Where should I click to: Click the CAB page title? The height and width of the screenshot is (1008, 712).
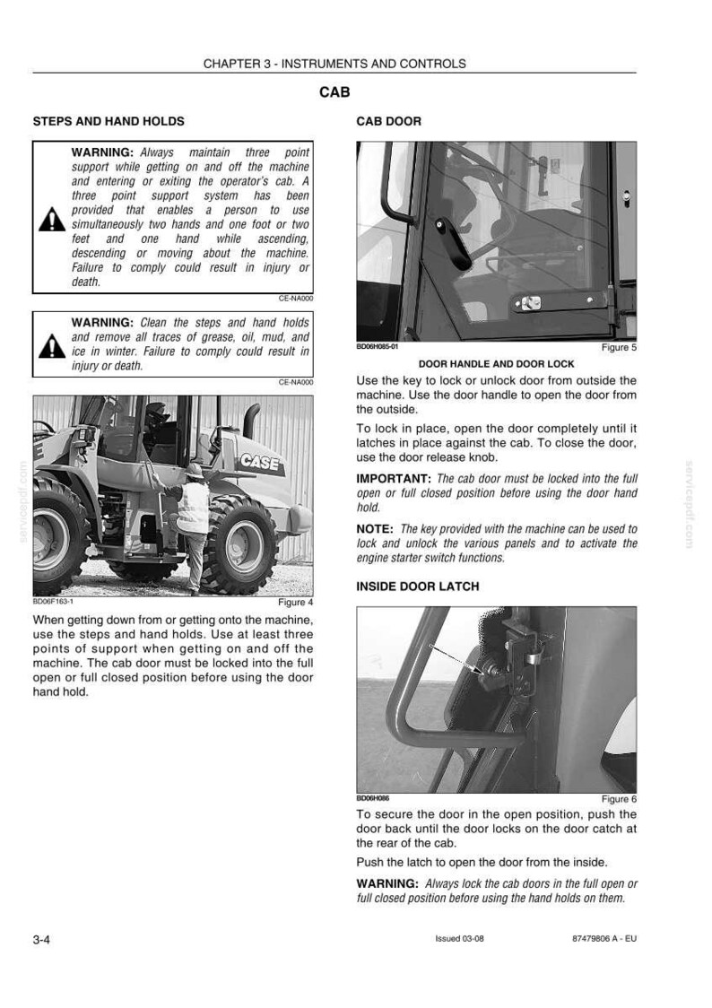[x=334, y=92]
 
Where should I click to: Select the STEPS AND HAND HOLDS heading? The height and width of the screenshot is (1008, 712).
[x=109, y=121]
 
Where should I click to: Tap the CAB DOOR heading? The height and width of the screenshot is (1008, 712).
[x=389, y=121]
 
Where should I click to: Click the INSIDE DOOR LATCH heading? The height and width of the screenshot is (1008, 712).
[x=418, y=587]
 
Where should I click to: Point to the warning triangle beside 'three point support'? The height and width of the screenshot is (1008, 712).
[x=52, y=220]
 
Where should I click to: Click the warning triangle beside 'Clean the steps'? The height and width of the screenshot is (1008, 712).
[x=52, y=346]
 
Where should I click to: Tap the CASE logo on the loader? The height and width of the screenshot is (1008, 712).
[x=260, y=462]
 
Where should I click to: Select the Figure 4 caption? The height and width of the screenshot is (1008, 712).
[x=296, y=603]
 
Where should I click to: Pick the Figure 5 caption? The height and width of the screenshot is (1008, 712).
[x=619, y=347]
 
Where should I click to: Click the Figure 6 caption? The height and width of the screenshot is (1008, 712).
[x=619, y=799]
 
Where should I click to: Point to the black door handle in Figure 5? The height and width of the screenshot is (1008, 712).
[x=452, y=244]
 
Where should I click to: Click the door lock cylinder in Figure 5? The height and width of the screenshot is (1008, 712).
[x=530, y=303]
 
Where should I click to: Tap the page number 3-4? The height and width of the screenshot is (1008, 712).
[x=42, y=939]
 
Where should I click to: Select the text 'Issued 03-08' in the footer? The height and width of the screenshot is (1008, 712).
[x=459, y=939]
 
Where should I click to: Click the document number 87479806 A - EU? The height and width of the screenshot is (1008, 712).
[x=604, y=939]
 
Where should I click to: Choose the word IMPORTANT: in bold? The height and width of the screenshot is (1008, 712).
[x=394, y=479]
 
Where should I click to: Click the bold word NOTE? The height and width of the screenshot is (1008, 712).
[x=375, y=529]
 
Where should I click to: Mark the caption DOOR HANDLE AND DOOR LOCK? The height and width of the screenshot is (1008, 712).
[x=497, y=364]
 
